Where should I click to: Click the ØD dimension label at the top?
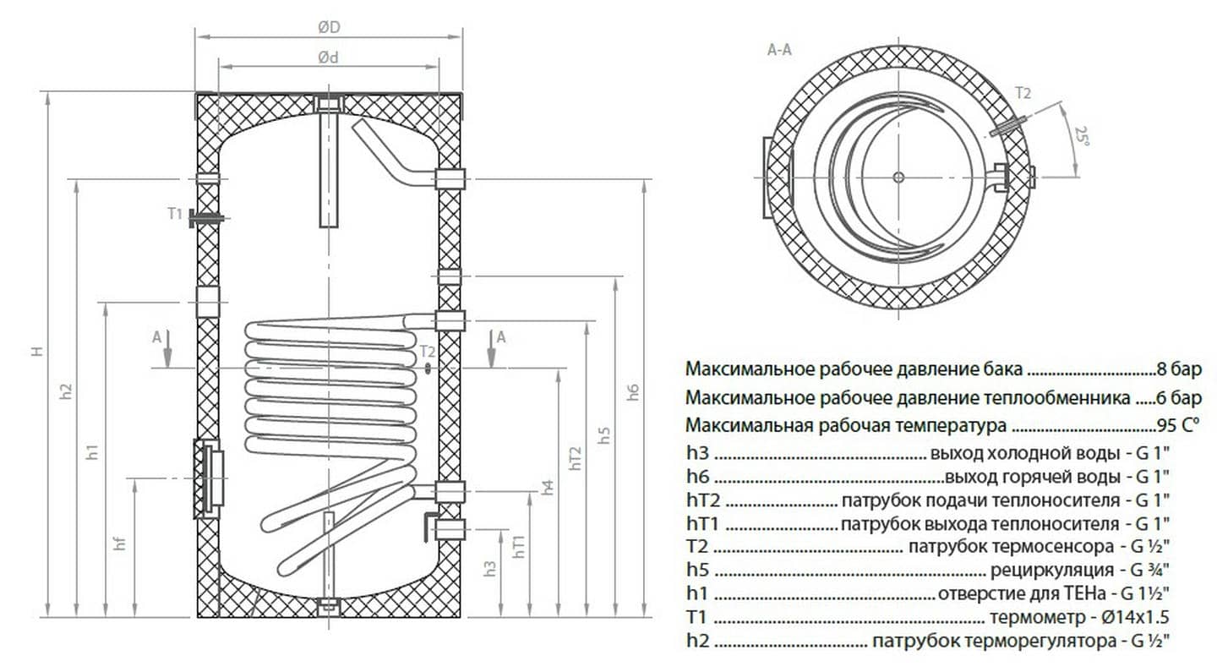[x=329, y=27]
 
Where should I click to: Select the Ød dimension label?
[x=329, y=57]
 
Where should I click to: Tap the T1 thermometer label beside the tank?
[x=174, y=214]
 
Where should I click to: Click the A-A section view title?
[x=779, y=50]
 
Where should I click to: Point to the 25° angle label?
[x=1080, y=135]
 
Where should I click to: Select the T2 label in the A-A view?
[x=1023, y=93]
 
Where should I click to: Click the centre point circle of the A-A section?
[x=898, y=178]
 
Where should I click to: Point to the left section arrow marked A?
[x=167, y=347]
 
